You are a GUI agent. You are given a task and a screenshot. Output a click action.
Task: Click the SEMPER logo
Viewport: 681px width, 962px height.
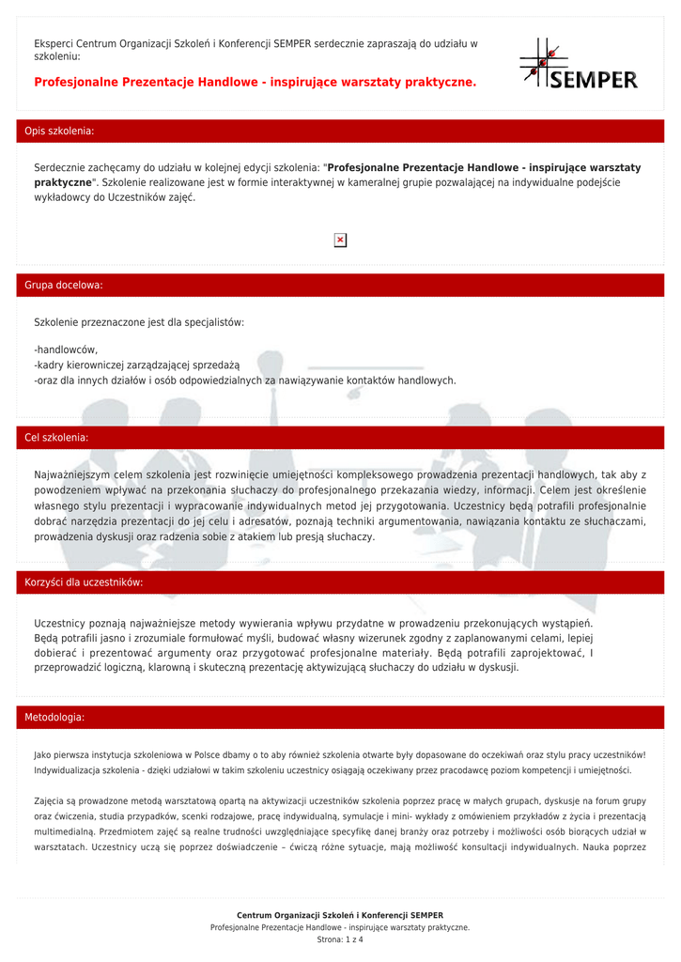579,65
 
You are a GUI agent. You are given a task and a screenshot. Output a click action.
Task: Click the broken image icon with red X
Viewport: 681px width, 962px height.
340,240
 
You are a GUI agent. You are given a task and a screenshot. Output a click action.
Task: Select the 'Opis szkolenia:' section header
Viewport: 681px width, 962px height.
59,131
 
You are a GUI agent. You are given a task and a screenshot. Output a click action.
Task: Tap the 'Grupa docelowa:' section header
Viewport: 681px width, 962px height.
64,285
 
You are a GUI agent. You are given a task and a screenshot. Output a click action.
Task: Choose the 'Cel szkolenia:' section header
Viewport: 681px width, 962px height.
56,438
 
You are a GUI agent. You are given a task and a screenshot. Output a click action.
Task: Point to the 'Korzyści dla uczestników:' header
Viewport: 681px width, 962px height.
84,582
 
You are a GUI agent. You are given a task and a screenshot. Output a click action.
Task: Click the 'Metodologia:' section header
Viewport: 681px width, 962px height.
54,718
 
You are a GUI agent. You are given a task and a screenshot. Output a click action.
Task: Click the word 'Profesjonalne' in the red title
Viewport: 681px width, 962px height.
73,83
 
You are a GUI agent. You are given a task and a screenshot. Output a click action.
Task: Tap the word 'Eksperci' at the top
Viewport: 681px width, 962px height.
54,43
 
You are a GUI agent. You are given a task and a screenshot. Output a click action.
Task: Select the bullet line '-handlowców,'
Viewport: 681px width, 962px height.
66,349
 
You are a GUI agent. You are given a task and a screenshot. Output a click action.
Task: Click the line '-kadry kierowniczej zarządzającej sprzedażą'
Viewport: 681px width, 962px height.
137,365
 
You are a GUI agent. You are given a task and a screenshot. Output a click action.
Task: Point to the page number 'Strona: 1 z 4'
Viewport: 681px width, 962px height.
340,939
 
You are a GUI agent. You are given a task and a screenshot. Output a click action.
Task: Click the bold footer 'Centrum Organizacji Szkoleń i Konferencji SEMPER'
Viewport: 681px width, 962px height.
340,915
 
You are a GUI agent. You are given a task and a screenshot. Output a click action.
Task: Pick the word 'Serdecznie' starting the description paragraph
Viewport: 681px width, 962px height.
63,168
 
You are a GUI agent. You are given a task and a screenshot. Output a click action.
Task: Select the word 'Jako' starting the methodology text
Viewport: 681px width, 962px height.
43,754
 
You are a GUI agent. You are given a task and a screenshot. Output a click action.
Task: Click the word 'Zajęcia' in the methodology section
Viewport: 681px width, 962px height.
50,801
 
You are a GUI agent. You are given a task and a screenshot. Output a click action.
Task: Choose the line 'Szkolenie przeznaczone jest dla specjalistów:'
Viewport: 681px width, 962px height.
139,322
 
